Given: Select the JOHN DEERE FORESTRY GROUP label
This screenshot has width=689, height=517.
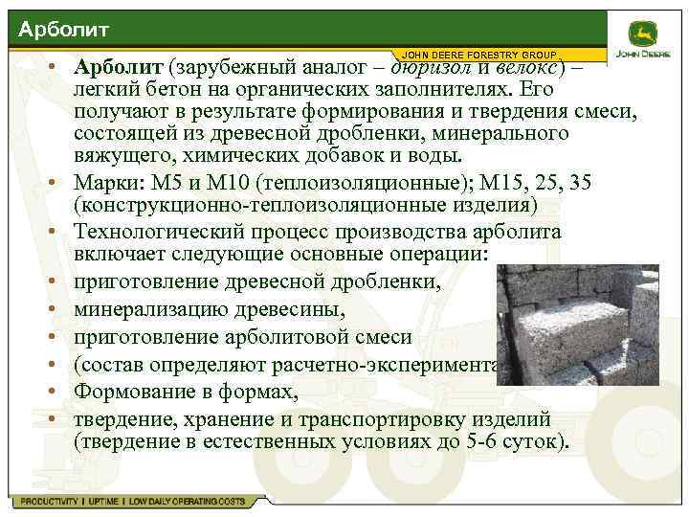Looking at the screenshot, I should tap(479, 54).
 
